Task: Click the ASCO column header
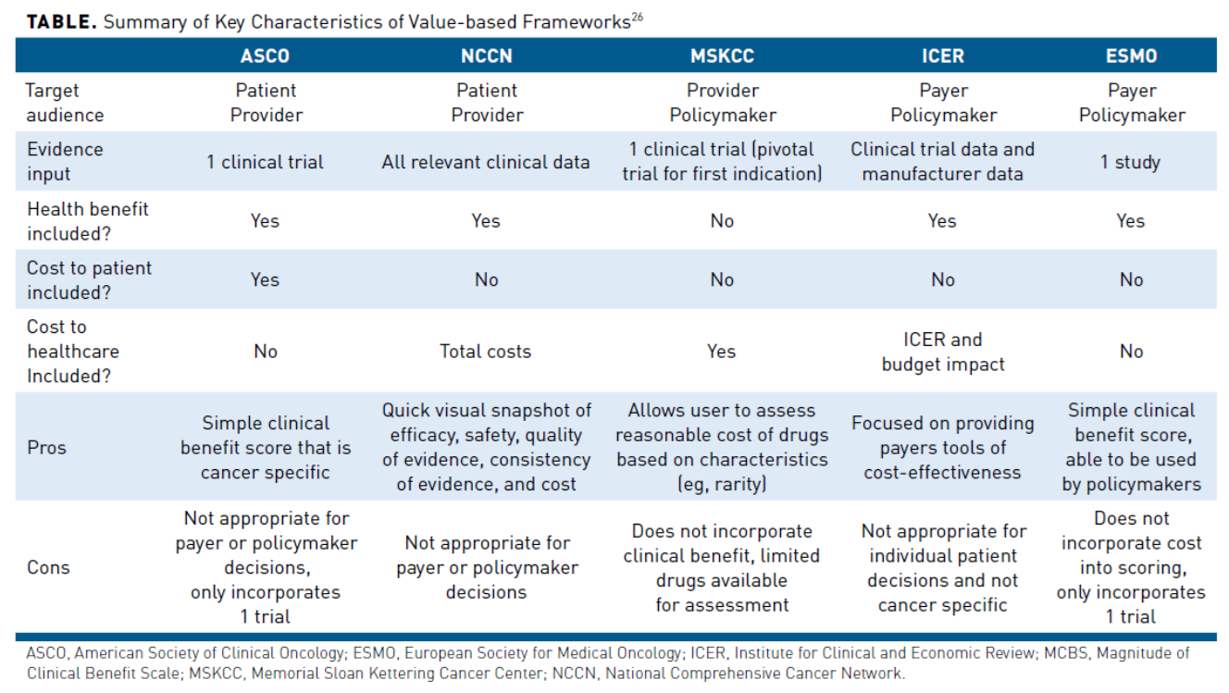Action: tap(265, 56)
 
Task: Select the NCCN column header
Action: tap(486, 56)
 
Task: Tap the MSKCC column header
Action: tap(722, 56)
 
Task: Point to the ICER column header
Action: tap(942, 56)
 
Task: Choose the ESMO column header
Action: tap(1131, 56)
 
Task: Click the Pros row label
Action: tap(46, 448)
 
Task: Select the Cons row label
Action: tap(48, 567)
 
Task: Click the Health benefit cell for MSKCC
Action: tap(722, 221)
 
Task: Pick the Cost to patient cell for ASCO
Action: tap(265, 279)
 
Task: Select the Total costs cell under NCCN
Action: tap(486, 352)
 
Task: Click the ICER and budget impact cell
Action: tap(942, 352)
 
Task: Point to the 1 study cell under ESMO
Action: tap(1130, 162)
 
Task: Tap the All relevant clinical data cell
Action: tap(486, 162)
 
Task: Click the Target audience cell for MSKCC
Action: tap(722, 103)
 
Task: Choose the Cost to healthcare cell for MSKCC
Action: tap(722, 352)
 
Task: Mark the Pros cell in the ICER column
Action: tap(942, 448)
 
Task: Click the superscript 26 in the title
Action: tap(638, 16)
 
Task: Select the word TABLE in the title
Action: tap(61, 22)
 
